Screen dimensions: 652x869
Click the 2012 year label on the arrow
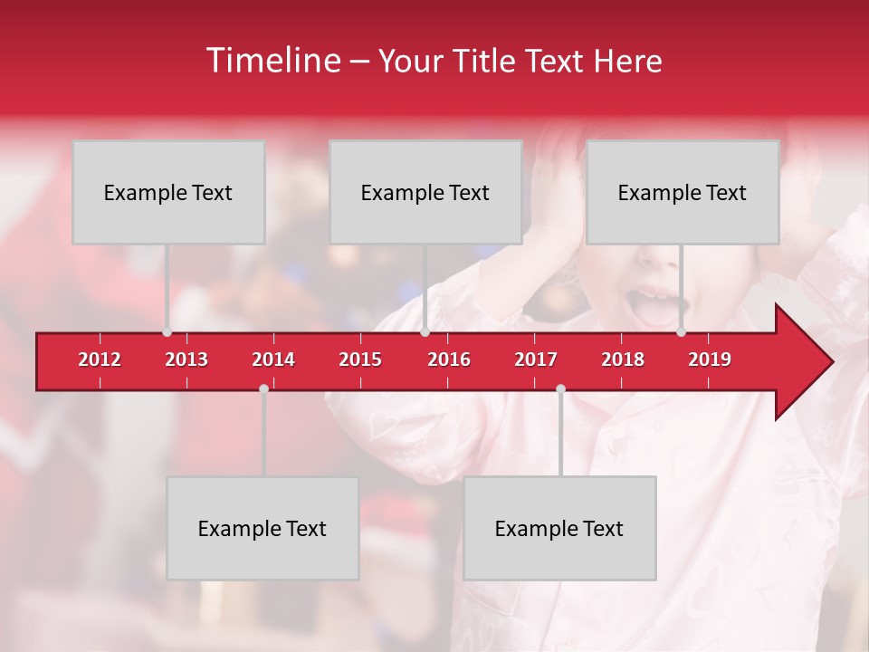tap(100, 360)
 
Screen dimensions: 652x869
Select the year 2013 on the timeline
tap(186, 360)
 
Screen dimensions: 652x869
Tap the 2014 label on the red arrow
tap(273, 360)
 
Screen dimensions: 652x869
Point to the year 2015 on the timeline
tap(360, 360)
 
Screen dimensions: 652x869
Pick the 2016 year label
tap(449, 360)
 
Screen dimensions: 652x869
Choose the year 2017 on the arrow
tap(536, 360)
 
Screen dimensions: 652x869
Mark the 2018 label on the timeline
tap(623, 360)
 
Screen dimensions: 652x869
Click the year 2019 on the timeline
tap(710, 360)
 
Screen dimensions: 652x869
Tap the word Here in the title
tap(627, 61)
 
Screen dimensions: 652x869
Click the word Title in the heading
tap(485, 61)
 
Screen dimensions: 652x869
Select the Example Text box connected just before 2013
tap(168, 192)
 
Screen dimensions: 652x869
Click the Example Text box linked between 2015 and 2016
tap(425, 192)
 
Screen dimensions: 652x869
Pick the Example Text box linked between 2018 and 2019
tap(683, 192)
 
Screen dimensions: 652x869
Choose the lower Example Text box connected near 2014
tap(263, 528)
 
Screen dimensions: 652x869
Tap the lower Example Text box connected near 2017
tap(559, 528)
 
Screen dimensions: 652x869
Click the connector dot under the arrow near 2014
tap(263, 388)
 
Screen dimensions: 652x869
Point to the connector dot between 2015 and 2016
tap(425, 331)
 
